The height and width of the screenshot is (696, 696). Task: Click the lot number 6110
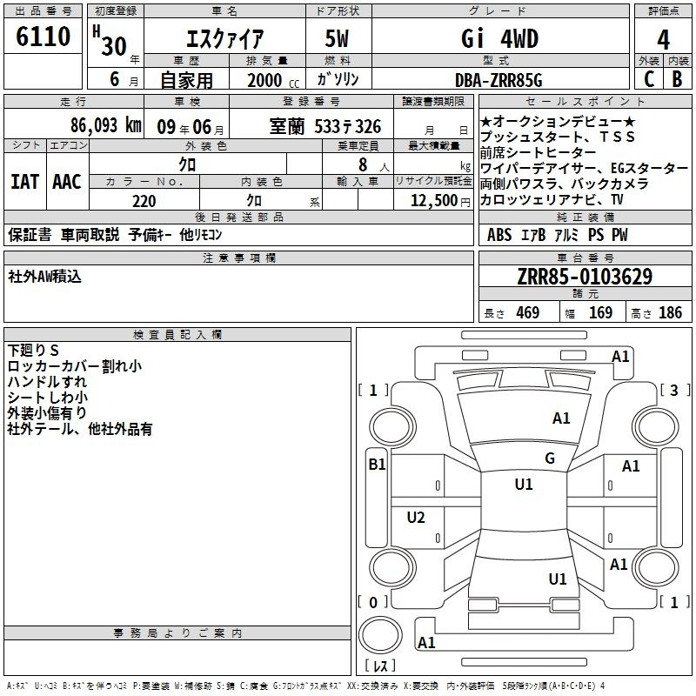[x=43, y=36]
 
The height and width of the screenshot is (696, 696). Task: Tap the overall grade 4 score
[x=663, y=39]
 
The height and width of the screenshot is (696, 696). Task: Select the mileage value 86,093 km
[x=105, y=125]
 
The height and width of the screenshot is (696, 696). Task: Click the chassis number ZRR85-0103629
[x=585, y=277]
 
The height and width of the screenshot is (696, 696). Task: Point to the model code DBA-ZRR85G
[x=499, y=80]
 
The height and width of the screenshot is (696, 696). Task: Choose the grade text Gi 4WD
[x=499, y=38]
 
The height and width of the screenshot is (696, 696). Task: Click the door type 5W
[x=337, y=38]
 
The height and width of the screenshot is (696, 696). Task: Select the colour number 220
[x=144, y=201]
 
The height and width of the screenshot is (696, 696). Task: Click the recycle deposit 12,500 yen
[x=440, y=201]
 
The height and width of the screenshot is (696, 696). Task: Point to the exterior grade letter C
[x=649, y=79]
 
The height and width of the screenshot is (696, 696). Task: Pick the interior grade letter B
[x=677, y=79]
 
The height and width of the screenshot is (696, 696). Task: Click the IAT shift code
[x=25, y=182]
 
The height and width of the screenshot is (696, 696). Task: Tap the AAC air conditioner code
[x=67, y=182]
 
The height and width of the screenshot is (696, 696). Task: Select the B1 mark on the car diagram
[x=377, y=465]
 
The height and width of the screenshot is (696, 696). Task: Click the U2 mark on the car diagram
[x=416, y=517]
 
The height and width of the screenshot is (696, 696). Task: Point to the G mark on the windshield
[x=550, y=458]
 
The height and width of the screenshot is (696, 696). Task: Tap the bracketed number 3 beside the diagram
[x=674, y=390]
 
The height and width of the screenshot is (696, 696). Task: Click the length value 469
[x=528, y=312]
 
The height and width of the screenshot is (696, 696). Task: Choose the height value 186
[x=670, y=312]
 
